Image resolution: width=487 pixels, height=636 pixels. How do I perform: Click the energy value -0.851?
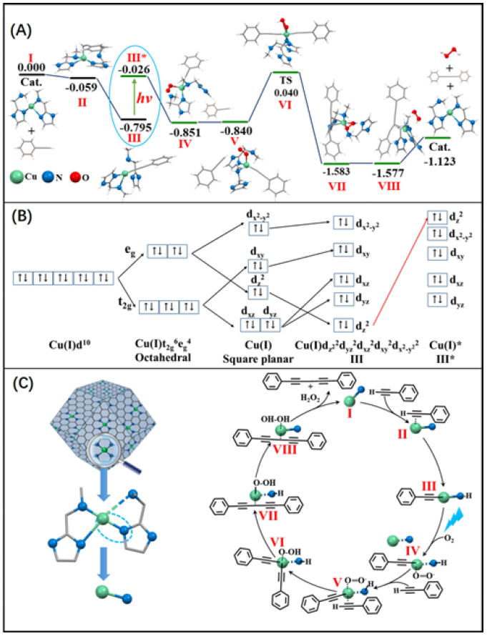point(187,132)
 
